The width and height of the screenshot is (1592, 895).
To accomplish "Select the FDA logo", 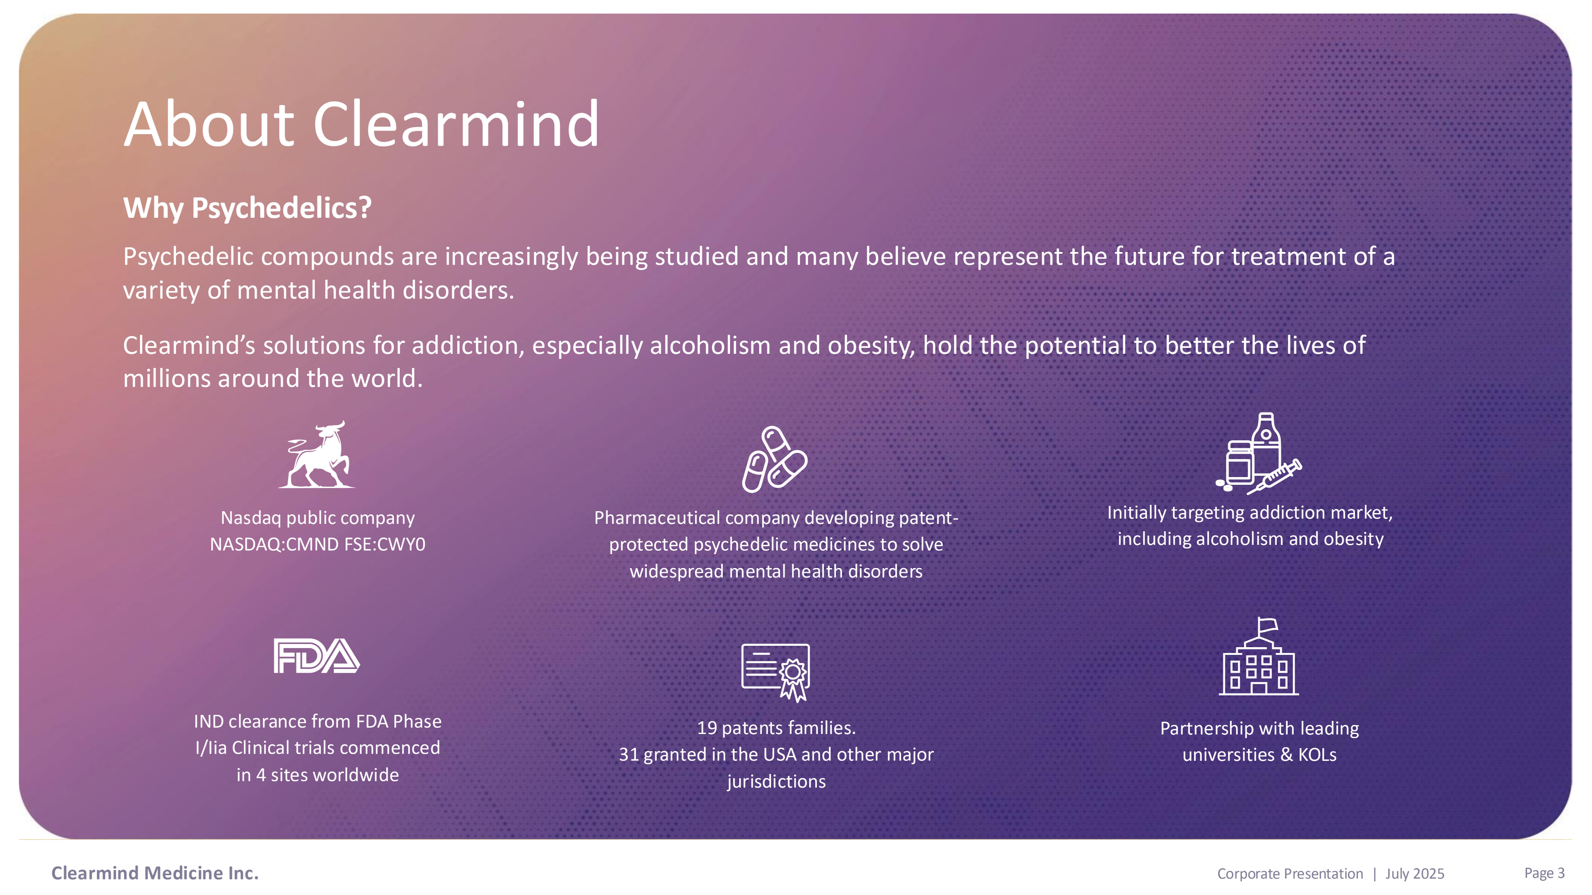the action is tap(317, 656).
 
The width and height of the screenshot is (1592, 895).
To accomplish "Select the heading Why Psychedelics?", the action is tap(247, 208).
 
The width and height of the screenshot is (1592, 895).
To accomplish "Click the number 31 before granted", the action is tap(629, 754).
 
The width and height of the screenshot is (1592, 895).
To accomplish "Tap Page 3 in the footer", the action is tap(1544, 873).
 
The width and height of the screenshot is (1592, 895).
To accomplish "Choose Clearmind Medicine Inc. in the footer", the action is tap(155, 873).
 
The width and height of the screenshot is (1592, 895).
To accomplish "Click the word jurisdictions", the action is tap(776, 781).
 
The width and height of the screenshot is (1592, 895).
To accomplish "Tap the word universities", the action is tap(1229, 754).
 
